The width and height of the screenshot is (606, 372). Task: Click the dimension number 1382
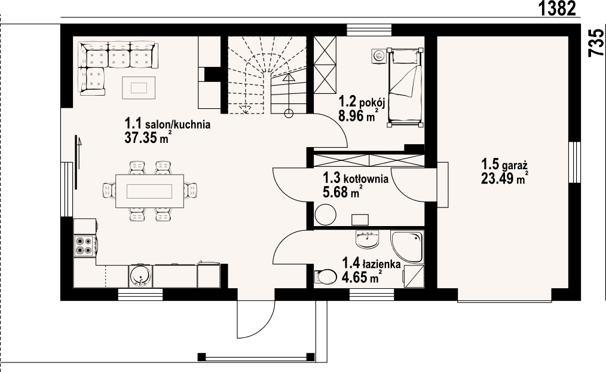(558, 8)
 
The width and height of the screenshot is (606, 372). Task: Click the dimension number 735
(596, 43)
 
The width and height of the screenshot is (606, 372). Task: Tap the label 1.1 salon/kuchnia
(167, 124)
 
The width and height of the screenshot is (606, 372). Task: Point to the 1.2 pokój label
(362, 102)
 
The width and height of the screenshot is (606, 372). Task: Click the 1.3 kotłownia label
(356, 178)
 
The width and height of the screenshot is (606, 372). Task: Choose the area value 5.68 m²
(342, 191)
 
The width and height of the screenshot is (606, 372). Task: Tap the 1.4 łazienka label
(371, 264)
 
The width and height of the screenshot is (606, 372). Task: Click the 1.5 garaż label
(504, 164)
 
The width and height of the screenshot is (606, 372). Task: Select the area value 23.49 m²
(505, 178)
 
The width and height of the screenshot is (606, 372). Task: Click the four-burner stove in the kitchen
(85, 245)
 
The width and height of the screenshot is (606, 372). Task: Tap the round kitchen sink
(139, 276)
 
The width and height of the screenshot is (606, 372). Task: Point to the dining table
(149, 191)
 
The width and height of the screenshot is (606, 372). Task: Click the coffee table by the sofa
(139, 88)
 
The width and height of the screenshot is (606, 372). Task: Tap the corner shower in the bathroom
(408, 248)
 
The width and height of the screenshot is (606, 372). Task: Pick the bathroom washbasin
(367, 240)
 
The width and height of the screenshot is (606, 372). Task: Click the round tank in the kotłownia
(326, 214)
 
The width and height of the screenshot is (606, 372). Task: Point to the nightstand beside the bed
(379, 56)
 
